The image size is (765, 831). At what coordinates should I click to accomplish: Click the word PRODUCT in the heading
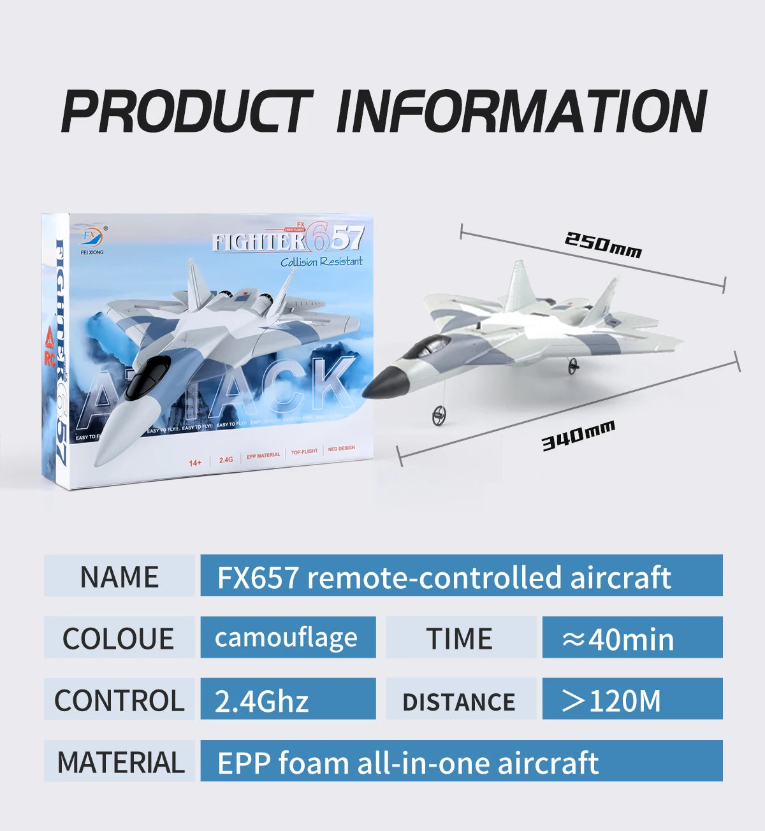click(x=186, y=112)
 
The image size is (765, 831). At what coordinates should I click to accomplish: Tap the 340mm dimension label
click(x=578, y=436)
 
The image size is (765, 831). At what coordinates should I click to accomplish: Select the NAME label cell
click(x=119, y=576)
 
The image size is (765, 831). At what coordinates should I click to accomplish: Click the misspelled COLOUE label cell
click(x=119, y=638)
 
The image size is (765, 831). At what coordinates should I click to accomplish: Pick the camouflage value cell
click(x=288, y=638)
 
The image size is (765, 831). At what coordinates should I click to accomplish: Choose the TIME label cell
click(x=460, y=638)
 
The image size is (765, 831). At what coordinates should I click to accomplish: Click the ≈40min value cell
click(x=632, y=638)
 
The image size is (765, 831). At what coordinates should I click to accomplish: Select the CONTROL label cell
click(x=119, y=700)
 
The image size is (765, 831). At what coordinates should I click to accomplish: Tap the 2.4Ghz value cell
click(x=288, y=700)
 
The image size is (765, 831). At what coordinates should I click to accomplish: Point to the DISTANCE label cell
click(x=460, y=700)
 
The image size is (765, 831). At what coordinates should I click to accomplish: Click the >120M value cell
click(x=632, y=700)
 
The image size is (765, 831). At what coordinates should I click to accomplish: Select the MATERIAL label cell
click(x=119, y=762)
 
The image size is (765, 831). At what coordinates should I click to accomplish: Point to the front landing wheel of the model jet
click(x=438, y=415)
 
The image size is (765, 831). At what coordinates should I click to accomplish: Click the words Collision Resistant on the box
click(x=321, y=262)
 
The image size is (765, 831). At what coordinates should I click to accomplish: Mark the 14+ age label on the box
click(x=195, y=462)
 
